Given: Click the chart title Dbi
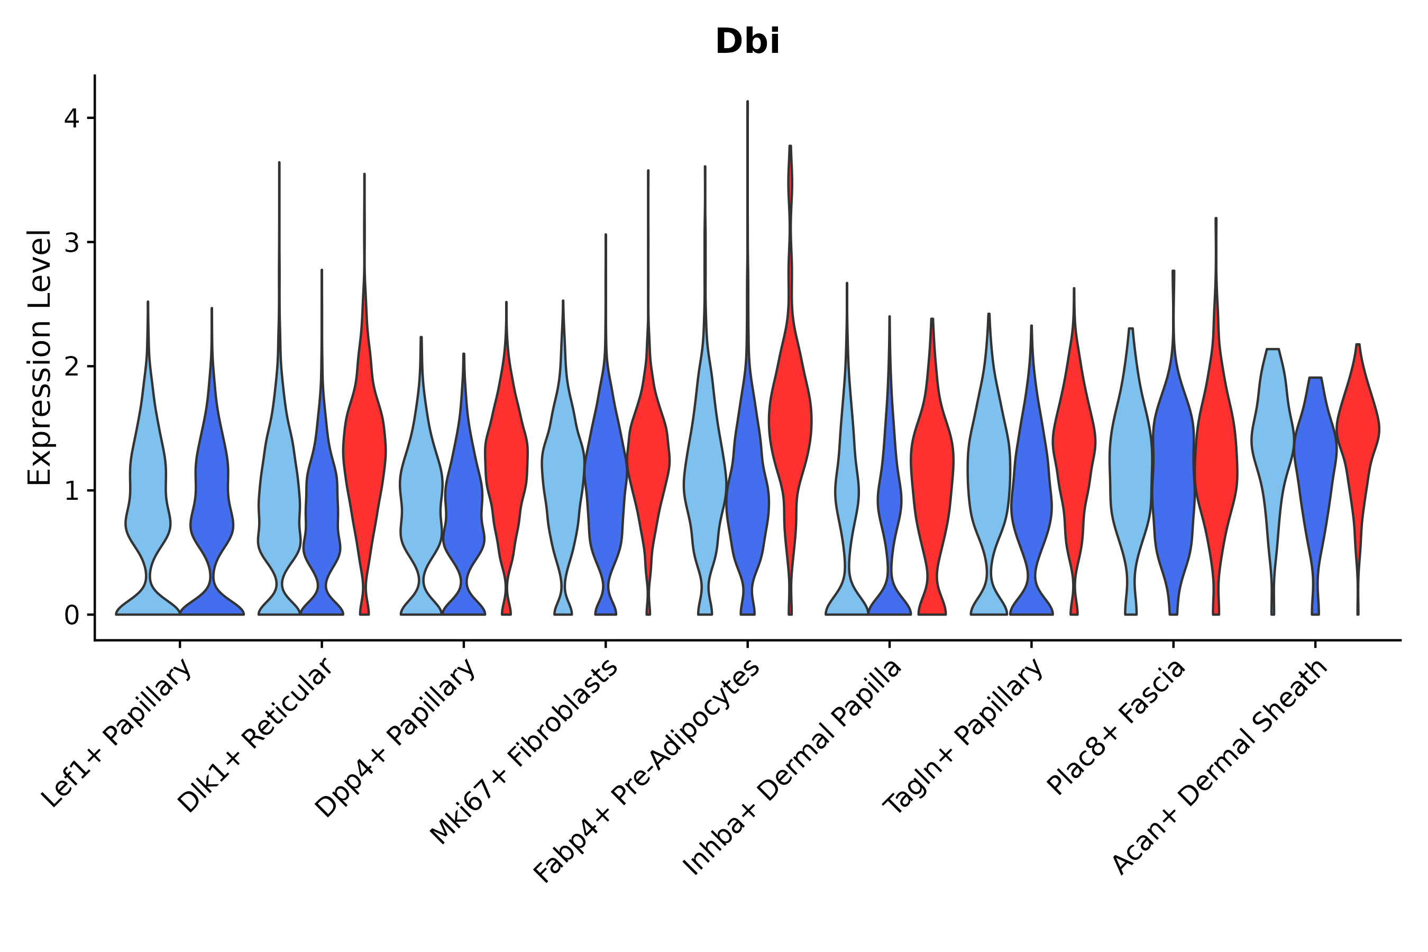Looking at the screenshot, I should [x=747, y=42].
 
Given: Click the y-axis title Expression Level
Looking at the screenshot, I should [x=40, y=357].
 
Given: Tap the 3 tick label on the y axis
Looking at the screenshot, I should [x=71, y=242].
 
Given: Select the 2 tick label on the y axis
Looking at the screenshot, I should [x=71, y=367].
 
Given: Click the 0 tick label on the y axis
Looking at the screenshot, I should [x=71, y=615].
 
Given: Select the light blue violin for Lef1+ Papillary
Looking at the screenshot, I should [x=148, y=486].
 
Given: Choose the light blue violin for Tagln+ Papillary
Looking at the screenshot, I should [x=988, y=473].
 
